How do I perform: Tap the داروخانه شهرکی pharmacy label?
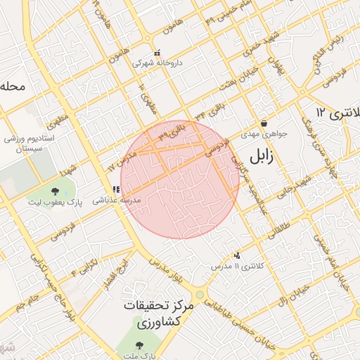158,63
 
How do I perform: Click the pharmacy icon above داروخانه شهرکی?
157,52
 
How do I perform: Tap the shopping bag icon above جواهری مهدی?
263,122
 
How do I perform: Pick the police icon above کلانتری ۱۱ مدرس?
238,256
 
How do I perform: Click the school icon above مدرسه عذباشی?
116,189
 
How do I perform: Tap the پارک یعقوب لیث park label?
56,202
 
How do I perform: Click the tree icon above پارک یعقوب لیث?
55,191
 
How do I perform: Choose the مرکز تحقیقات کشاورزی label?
149,315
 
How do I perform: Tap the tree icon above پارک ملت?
137,345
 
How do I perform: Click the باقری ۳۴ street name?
209,111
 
